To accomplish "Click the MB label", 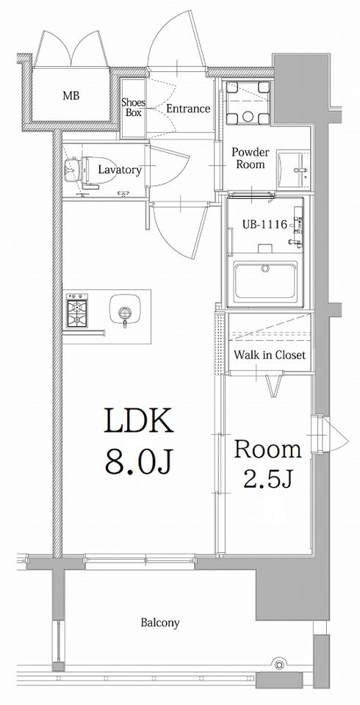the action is pos(71,95).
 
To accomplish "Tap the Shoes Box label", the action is pos(133,107).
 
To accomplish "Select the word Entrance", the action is pos(188,109).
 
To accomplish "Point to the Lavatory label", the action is pos(120,170).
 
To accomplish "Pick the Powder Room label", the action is pos(251,159).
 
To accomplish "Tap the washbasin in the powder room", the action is pos(293,170).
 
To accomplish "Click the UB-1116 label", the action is pos(265,225).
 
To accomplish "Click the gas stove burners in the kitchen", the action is pos(77,311).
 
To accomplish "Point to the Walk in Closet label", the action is pos(270,355).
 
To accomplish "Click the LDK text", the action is pos(138,421).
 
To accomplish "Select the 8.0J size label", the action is pos(138,461).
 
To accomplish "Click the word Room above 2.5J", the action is pos(267,449).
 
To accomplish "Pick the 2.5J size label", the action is pos(268,480).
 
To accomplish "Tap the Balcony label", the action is pos(160,623).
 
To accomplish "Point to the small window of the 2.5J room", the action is pos(324,435).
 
